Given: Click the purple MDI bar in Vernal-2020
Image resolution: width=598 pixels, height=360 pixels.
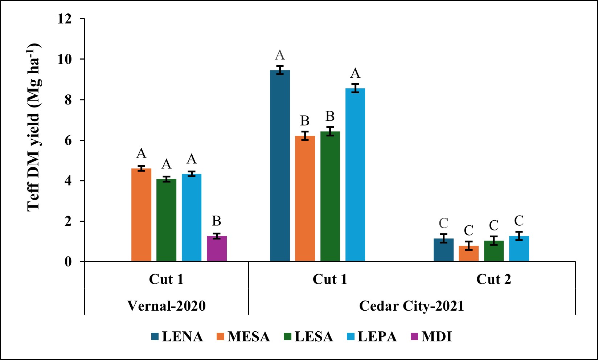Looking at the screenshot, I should point(217,249).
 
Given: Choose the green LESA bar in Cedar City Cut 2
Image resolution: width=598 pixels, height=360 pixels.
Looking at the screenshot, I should point(493,251).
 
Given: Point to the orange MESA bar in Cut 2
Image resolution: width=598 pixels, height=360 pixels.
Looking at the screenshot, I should point(468,254).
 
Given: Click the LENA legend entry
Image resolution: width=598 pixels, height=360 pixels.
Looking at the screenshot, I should point(177,336).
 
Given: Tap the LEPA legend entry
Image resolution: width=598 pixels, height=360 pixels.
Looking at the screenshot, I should point(372,336).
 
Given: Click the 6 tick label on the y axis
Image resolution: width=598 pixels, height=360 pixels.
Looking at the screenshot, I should point(68,140).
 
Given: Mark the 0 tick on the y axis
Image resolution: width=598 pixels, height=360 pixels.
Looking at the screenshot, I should point(68,262).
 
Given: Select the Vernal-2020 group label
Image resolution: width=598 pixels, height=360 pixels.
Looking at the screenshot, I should point(167,306).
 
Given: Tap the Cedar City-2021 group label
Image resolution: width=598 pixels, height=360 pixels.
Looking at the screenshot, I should point(412,306).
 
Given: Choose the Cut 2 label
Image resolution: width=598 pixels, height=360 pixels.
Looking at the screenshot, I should point(493,279).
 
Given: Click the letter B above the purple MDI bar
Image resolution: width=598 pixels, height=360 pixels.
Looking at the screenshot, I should point(217,221).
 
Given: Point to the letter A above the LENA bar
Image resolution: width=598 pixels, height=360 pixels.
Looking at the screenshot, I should point(280,55).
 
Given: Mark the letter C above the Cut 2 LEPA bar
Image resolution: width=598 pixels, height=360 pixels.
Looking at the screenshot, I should point(519,221).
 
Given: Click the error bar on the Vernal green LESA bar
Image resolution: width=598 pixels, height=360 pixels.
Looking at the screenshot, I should point(167,179).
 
